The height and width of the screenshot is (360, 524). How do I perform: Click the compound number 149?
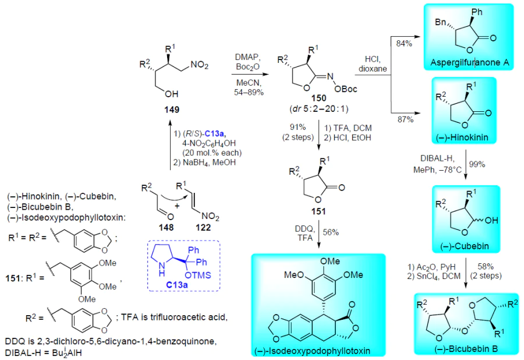(171, 110)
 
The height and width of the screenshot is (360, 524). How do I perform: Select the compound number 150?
(318, 98)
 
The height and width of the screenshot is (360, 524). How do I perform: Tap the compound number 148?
(166, 227)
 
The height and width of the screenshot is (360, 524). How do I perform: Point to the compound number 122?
(203, 227)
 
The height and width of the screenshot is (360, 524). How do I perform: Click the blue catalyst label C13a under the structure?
(177, 285)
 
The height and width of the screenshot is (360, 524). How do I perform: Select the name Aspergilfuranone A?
(469, 62)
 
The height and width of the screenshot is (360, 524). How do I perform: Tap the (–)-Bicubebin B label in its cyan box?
(466, 349)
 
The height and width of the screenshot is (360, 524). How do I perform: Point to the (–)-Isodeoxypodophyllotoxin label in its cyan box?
(312, 351)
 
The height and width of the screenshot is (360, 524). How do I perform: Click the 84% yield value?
(404, 43)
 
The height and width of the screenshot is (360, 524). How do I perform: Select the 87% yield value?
(405, 119)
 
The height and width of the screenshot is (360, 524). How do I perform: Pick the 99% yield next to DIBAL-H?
(477, 164)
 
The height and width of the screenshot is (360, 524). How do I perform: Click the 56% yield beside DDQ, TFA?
(331, 232)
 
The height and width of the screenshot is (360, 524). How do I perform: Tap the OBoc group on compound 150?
(346, 89)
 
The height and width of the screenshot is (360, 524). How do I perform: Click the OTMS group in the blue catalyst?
(198, 275)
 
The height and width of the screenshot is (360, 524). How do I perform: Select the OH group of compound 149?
(171, 94)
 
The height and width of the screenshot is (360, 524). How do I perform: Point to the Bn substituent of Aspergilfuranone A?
(441, 22)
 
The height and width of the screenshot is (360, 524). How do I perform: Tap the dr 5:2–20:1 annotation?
(318, 108)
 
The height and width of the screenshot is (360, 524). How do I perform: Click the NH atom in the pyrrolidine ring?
(162, 269)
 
